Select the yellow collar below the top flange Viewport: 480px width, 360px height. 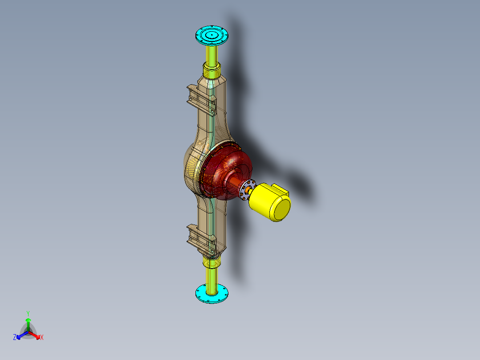[x=212, y=70]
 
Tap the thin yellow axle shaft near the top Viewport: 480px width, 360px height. [x=212, y=53]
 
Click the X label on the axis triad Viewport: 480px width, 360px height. [x=42, y=338]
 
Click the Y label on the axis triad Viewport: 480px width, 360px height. [x=28, y=313]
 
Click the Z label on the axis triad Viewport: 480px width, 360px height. [x=15, y=337]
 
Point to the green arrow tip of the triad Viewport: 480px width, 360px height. [x=28, y=320]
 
